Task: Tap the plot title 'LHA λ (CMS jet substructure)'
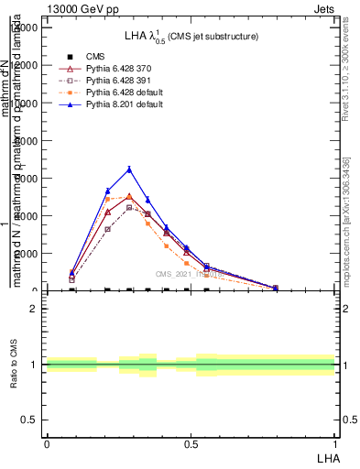[191, 36]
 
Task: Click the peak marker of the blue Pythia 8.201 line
[129, 169]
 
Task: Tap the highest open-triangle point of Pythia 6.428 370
[129, 196]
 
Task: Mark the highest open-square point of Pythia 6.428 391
[129, 207]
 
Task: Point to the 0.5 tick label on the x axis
[190, 443]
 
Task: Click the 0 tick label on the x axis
[46, 443]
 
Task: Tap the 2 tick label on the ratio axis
[34, 309]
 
